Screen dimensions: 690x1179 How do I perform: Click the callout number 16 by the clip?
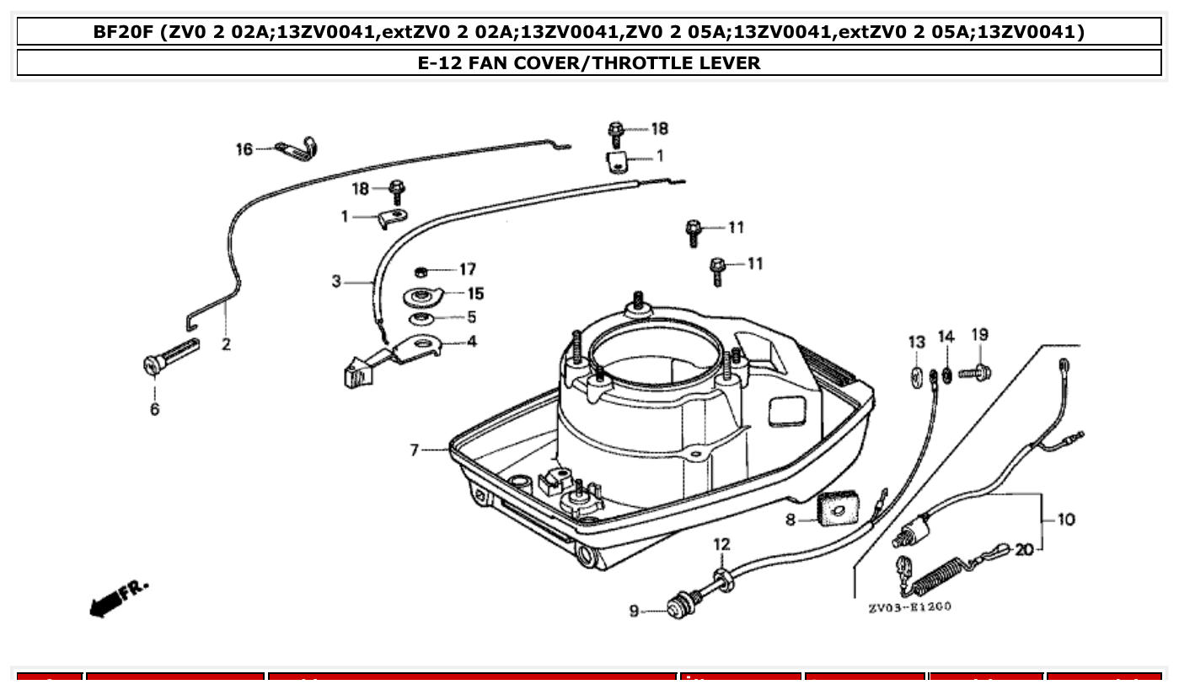coord(244,149)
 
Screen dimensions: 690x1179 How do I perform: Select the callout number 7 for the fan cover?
coord(414,450)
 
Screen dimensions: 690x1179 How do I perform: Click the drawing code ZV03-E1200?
coord(909,606)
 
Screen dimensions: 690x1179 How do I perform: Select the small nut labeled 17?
coord(421,271)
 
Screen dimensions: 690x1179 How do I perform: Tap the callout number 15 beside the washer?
coord(475,294)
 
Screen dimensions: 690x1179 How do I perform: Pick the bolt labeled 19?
coord(976,371)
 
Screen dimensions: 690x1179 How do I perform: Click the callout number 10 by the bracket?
coord(1065,520)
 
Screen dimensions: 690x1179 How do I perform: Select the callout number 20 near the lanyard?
coord(1023,550)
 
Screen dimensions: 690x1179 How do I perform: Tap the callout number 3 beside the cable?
coord(336,281)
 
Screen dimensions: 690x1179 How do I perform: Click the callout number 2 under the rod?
coord(226,344)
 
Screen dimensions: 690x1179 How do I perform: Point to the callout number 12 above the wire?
coord(722,545)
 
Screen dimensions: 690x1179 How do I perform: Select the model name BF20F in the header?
coord(126,33)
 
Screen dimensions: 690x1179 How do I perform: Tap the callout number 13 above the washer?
coord(916,342)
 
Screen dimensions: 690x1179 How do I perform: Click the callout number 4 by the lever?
coord(471,342)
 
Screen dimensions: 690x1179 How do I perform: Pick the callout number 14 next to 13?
coord(946,337)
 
